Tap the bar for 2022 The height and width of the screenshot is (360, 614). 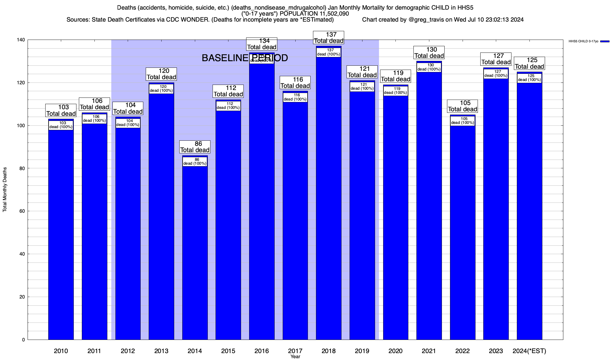[x=463, y=231]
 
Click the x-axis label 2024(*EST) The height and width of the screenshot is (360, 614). [x=529, y=351]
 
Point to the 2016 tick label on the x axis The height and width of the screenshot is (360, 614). [x=262, y=351]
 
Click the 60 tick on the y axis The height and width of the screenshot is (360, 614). [x=22, y=211]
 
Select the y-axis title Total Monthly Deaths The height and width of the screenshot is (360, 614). [x=5, y=189]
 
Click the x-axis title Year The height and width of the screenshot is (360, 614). [x=295, y=356]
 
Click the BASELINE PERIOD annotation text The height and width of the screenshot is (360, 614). [x=245, y=58]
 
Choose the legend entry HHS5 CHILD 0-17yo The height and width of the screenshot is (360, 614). [x=583, y=41]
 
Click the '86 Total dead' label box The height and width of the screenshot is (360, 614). [x=195, y=147]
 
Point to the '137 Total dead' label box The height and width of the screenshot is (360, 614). [x=329, y=38]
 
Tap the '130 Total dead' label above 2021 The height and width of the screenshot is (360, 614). [x=429, y=53]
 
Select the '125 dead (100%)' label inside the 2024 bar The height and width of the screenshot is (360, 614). [x=529, y=78]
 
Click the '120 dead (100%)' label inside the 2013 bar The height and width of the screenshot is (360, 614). [x=161, y=89]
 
